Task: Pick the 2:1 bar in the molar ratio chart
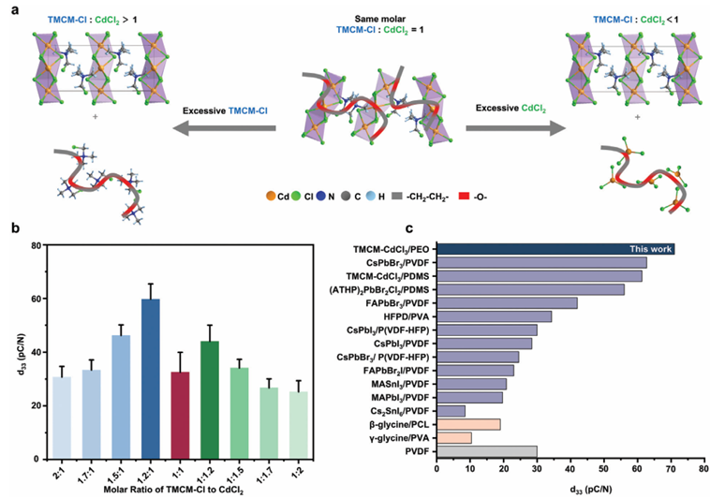click(x=62, y=417)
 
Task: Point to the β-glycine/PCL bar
click(x=470, y=424)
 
